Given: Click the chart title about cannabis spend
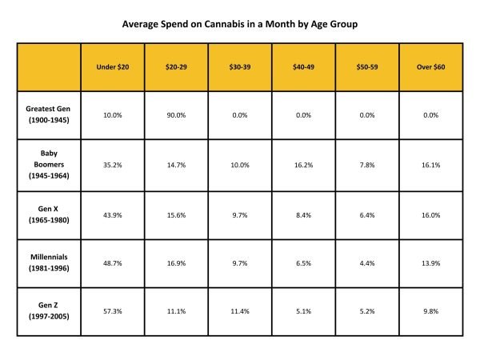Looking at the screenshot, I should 240,24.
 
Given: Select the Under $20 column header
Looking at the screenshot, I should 113,66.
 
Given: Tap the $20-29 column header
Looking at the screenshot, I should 176,66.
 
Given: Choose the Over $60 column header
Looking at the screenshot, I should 432,66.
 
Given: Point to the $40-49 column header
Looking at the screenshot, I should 304,66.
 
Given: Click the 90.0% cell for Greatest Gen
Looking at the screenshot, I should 176,115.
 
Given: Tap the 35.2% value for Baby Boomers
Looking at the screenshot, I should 113,165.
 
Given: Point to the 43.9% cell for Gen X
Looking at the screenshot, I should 113,215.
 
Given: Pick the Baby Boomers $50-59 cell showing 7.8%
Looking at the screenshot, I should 368,165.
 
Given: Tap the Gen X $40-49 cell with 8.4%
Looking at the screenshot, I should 304,215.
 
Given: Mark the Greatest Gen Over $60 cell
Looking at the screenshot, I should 432,115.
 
